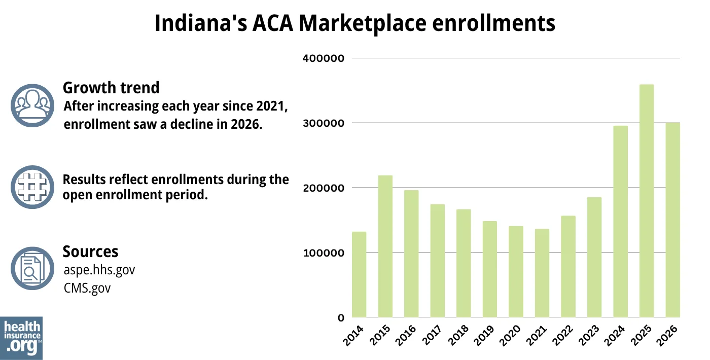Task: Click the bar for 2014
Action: click(x=359, y=274)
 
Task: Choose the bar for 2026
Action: click(x=672, y=220)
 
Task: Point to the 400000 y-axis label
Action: click(x=324, y=58)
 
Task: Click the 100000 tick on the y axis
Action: click(x=324, y=253)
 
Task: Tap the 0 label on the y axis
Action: click(x=341, y=318)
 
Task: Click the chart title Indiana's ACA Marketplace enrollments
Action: click(x=354, y=23)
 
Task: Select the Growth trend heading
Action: click(x=111, y=88)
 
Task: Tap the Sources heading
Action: click(x=90, y=251)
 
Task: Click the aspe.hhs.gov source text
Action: click(x=99, y=270)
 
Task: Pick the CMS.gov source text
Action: click(x=87, y=288)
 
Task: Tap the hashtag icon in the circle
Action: click(x=32, y=187)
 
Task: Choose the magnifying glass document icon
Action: click(x=32, y=269)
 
